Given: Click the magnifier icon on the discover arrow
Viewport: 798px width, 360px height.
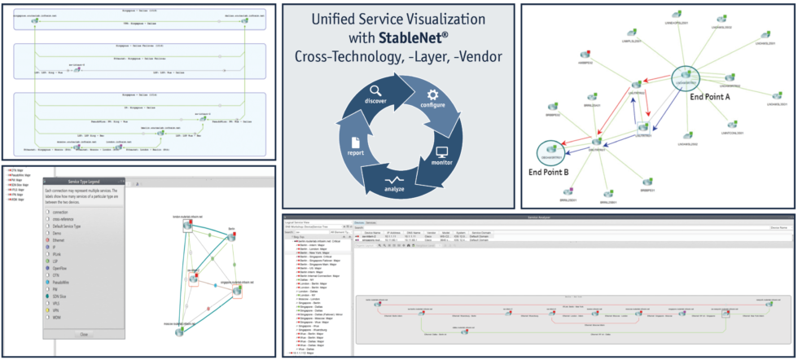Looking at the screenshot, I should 375,91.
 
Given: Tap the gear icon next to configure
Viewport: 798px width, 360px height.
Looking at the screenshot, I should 432,94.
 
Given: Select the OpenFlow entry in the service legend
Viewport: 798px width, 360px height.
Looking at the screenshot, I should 62,267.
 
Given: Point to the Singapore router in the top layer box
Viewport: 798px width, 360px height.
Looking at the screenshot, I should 35,22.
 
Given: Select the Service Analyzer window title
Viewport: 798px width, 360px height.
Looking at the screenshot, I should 539,217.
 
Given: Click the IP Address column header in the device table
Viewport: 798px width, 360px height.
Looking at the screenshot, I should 394,232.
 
